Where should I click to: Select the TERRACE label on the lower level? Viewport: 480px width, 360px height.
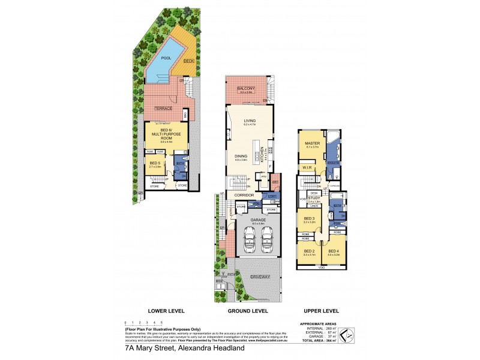[x=164, y=108]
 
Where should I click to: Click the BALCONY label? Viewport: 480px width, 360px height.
[x=247, y=89]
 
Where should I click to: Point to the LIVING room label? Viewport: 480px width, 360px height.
[x=249, y=121]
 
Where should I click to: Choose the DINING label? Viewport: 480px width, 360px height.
[x=241, y=157]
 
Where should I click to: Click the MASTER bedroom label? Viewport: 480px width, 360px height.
[x=311, y=143]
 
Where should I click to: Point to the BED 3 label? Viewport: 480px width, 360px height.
[x=309, y=218]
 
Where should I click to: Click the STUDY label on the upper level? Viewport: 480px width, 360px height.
[x=314, y=198]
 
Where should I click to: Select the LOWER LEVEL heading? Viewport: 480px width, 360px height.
[x=166, y=311]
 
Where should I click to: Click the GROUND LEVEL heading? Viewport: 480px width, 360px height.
[x=247, y=311]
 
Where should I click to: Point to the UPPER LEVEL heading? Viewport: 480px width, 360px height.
[x=323, y=311]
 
